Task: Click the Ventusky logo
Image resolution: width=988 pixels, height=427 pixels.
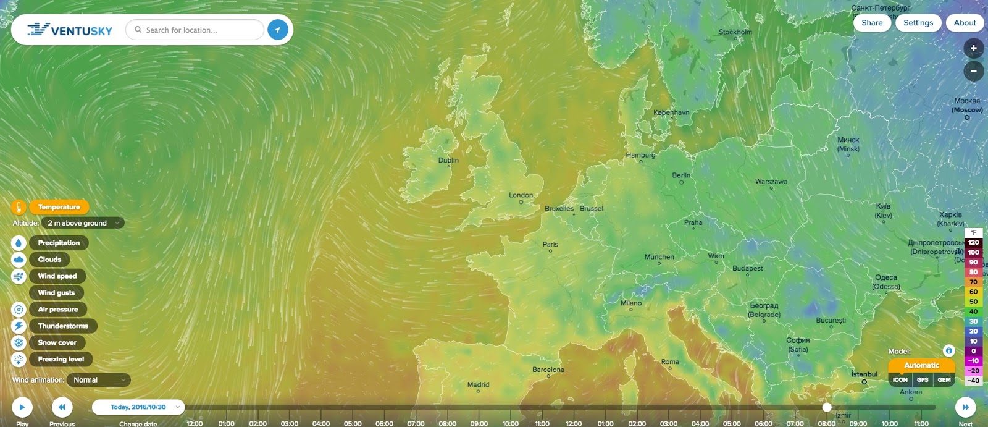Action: pyautogui.click(x=70, y=30)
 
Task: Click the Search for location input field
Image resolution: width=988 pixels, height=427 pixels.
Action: pyautogui.click(x=198, y=30)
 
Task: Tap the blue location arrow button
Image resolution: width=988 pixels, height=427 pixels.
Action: pyautogui.click(x=278, y=30)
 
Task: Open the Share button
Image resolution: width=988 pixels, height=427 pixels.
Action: pyautogui.click(x=872, y=23)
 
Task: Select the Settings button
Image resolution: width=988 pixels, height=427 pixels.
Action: pyautogui.click(x=918, y=23)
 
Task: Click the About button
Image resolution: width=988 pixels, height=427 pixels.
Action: pyautogui.click(x=965, y=23)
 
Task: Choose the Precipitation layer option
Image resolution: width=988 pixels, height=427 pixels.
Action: pyautogui.click(x=59, y=243)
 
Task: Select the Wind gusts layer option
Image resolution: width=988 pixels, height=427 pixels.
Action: pyautogui.click(x=56, y=293)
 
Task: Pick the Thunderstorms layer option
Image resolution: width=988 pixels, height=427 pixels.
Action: pyautogui.click(x=63, y=326)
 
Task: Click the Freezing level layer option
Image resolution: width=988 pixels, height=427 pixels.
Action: pyautogui.click(x=61, y=360)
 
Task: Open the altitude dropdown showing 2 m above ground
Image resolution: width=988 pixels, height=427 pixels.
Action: pyautogui.click(x=83, y=223)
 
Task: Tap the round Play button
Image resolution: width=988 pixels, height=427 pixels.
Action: pyautogui.click(x=22, y=407)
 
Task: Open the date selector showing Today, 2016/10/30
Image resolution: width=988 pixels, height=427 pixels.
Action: pyautogui.click(x=138, y=407)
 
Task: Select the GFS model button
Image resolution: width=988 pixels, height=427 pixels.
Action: pyautogui.click(x=923, y=380)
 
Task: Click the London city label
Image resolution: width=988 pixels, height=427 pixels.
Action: pyautogui.click(x=521, y=195)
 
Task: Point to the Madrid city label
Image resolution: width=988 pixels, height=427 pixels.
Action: pyautogui.click(x=478, y=384)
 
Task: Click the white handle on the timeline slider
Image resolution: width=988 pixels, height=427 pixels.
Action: pyautogui.click(x=827, y=407)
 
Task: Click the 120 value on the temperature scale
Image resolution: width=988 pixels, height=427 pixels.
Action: pyautogui.click(x=973, y=242)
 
